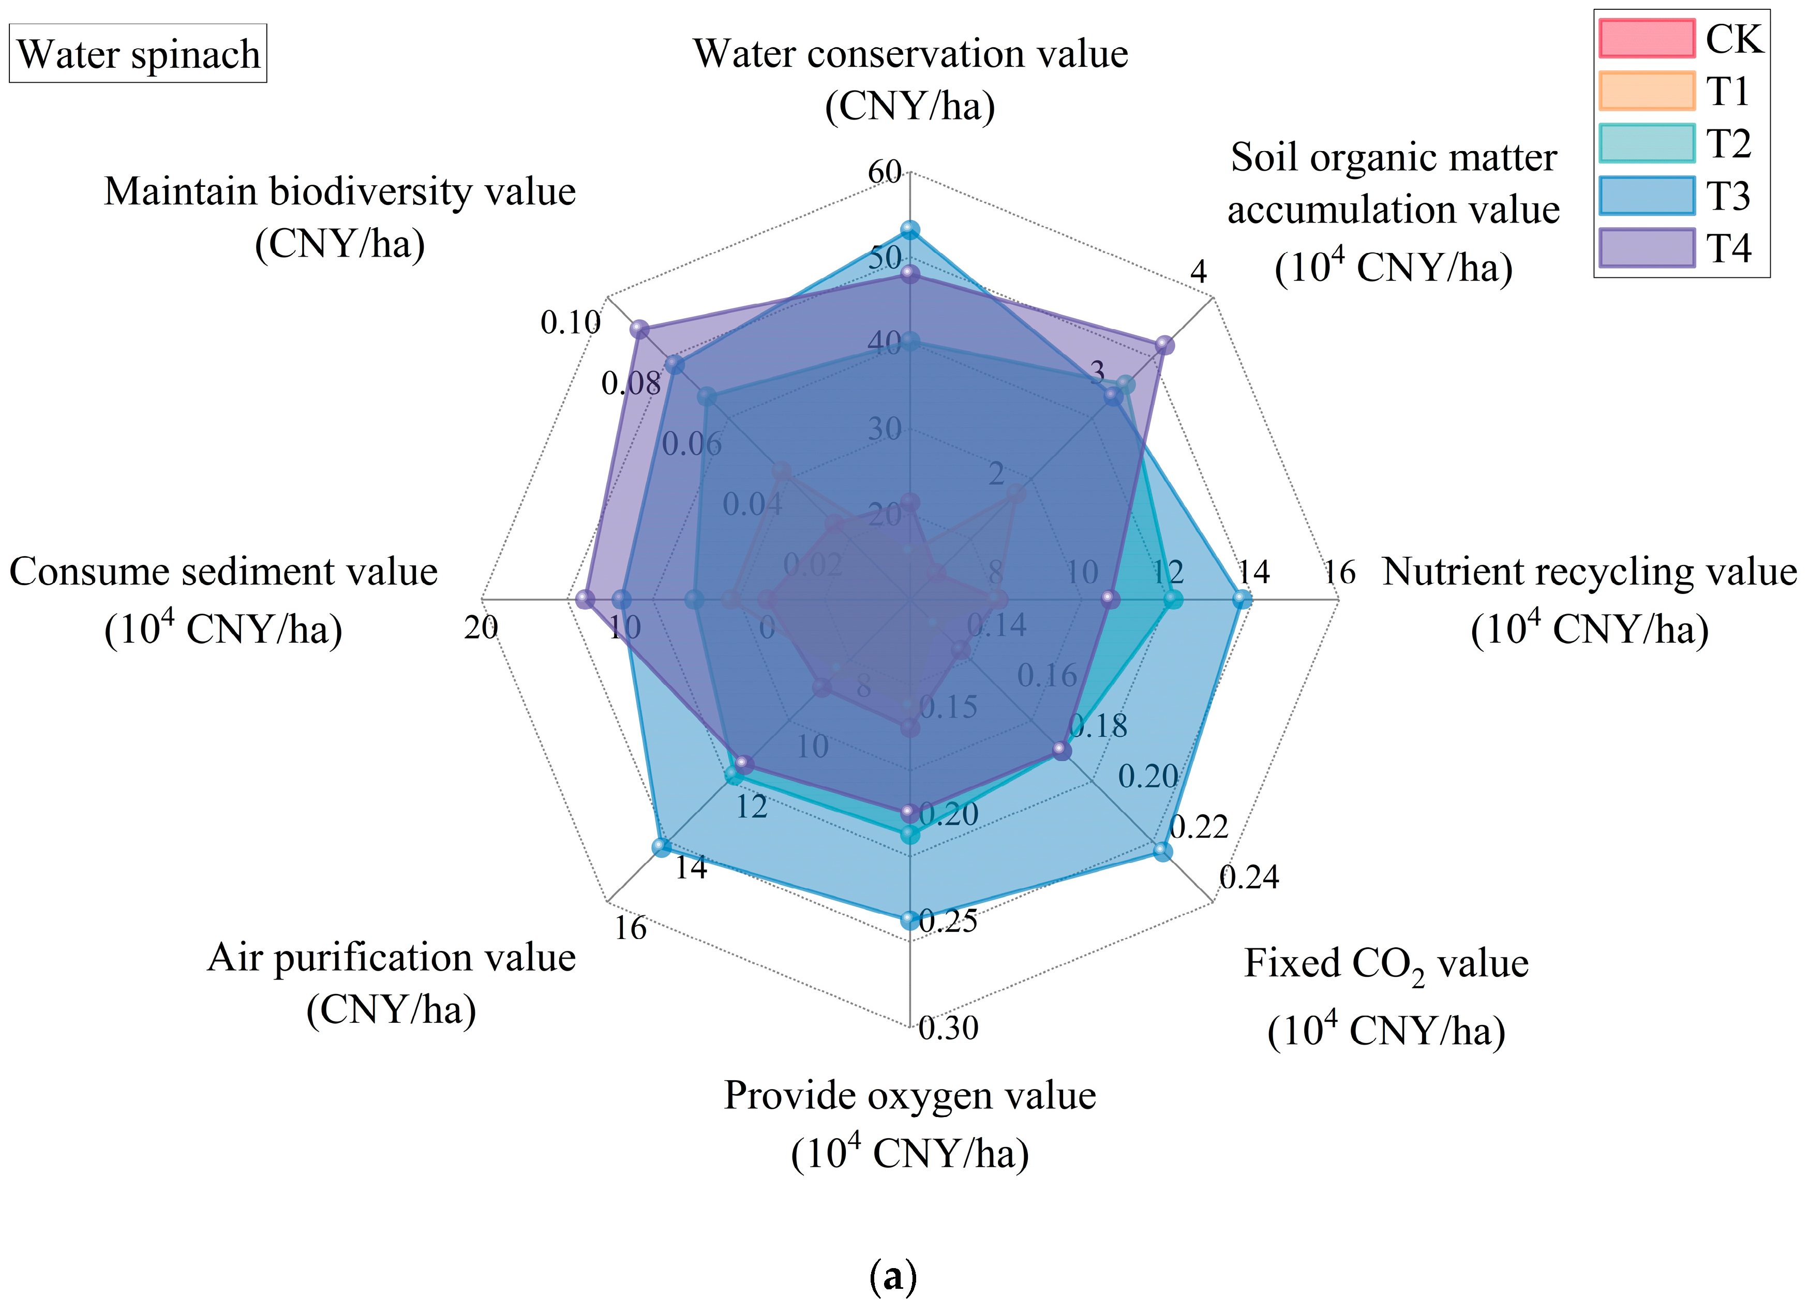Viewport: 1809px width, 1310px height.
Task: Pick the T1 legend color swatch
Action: tap(1646, 91)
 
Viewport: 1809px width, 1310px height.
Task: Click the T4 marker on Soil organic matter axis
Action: tap(1164, 345)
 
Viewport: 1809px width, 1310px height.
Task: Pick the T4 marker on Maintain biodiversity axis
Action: tap(639, 329)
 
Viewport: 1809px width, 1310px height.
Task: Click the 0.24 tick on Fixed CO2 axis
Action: tap(1249, 877)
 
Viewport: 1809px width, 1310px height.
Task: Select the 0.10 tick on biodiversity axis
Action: tap(570, 322)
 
